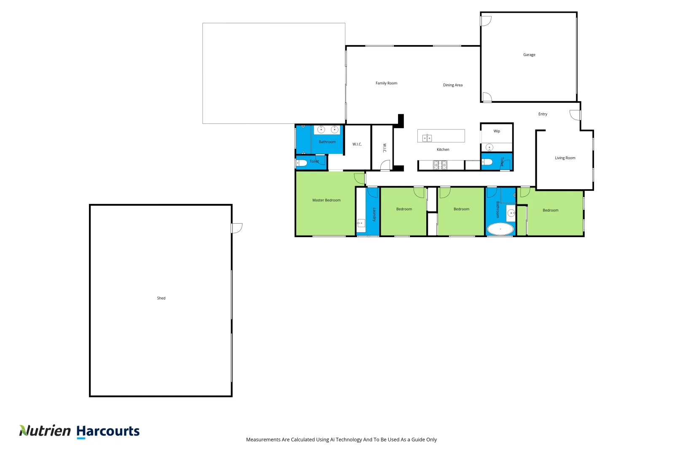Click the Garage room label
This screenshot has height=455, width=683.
(529, 55)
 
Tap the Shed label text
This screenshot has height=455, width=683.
(161, 298)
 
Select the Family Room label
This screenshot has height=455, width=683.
(386, 83)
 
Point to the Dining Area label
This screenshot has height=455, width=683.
(453, 85)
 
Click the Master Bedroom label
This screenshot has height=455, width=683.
(326, 200)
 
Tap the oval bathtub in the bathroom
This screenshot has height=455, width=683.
(500, 229)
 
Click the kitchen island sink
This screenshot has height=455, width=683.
(427, 138)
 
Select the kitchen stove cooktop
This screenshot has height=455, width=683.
(440, 165)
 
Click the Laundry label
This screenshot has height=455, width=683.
(374, 214)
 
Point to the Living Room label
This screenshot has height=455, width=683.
(565, 158)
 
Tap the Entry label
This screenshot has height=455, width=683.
(543, 114)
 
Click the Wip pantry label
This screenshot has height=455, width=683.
(497, 131)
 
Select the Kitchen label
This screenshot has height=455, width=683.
(443, 150)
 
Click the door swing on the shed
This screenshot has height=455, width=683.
(237, 228)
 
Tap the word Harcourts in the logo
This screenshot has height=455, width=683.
(108, 431)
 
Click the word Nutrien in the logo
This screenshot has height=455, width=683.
(45, 431)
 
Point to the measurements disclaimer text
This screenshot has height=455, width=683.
(341, 439)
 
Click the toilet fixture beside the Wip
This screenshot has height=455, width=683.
(487, 162)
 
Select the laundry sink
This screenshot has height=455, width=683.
(361, 223)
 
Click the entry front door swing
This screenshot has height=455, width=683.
(575, 115)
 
